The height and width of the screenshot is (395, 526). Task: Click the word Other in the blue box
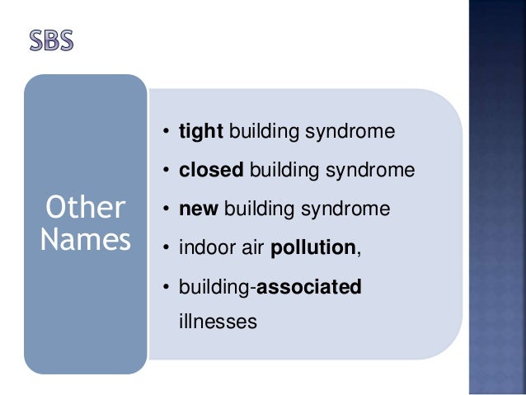pos(85,207)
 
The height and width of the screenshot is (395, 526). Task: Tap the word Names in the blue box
pos(85,241)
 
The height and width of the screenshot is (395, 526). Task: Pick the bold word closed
pos(212,171)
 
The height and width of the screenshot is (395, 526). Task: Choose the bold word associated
pos(310,287)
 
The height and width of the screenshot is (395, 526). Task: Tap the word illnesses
pos(217,321)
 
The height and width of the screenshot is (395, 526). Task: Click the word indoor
pos(204,248)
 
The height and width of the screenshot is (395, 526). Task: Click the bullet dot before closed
pos(166,172)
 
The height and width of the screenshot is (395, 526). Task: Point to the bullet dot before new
pos(166,209)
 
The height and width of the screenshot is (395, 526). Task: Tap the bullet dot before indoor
pos(166,248)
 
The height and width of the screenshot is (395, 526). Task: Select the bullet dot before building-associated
pos(166,287)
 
